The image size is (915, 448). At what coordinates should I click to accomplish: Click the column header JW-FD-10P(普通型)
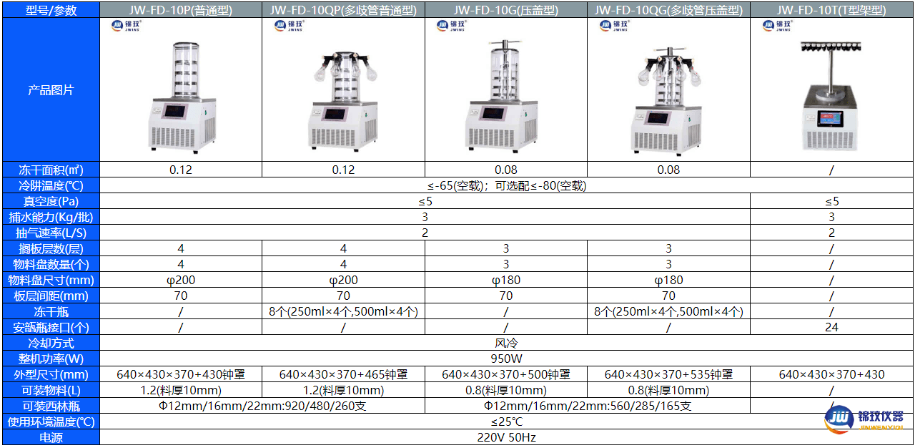point(180,10)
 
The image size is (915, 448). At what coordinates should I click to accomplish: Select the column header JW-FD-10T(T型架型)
point(831,10)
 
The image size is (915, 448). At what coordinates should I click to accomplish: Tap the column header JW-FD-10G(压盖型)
point(506,10)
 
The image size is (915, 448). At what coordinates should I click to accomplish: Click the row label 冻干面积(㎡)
point(50,170)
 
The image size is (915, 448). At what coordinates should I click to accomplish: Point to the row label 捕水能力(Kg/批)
point(50,217)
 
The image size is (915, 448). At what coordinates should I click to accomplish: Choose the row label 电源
point(50,437)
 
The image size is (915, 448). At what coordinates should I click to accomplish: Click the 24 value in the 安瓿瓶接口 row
point(831,327)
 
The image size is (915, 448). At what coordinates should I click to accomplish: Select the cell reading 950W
point(506,359)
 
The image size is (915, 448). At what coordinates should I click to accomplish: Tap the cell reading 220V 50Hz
point(506,437)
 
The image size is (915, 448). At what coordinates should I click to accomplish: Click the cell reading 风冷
point(506,343)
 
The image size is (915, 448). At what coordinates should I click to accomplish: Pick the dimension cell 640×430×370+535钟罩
point(668,374)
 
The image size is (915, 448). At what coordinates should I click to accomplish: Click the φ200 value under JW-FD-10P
point(180,280)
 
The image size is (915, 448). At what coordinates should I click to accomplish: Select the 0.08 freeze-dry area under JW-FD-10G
point(506,170)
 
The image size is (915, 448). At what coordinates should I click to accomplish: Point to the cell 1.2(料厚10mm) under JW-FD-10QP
point(343,390)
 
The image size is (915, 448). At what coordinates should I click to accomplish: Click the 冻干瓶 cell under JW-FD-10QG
point(668,311)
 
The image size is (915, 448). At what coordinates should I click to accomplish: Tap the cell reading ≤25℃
point(506,422)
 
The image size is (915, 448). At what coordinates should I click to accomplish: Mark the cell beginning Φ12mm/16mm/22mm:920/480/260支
point(262,406)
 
